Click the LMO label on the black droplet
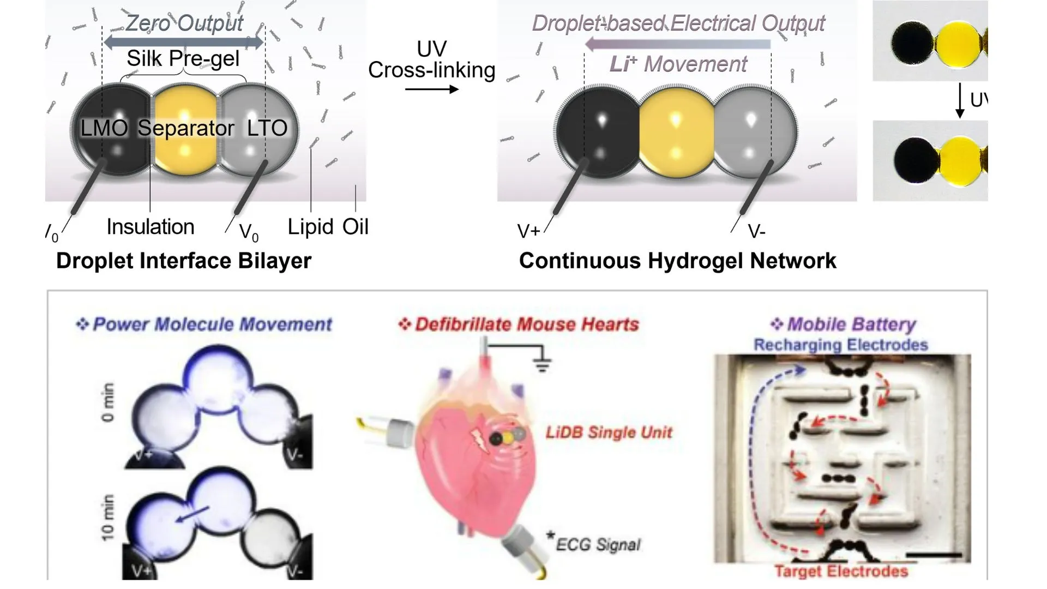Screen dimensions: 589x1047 [x=104, y=128]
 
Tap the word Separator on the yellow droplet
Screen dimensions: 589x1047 [x=185, y=128]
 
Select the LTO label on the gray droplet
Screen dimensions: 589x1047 [x=267, y=128]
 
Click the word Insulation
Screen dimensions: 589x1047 [x=151, y=227]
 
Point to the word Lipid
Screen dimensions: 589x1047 [x=310, y=227]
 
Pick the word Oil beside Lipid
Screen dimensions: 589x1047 [x=356, y=227]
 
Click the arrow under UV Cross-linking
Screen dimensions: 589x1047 [x=431, y=89]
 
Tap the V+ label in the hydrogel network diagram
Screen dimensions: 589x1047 [x=528, y=232]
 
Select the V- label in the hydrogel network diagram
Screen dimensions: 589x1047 [x=756, y=232]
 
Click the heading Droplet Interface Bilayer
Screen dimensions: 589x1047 [x=184, y=261]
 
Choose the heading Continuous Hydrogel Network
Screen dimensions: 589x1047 [x=677, y=261]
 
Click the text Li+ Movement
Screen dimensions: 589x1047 [x=678, y=64]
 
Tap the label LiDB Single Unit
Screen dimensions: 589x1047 [x=609, y=432]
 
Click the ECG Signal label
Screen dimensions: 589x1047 [x=598, y=544]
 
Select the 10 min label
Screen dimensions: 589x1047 [x=108, y=518]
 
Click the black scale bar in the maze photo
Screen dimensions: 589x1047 [x=934, y=555]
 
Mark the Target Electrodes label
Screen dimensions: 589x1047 [x=841, y=572]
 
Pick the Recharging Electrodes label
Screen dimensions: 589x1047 [x=840, y=345]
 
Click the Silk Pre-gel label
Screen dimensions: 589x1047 [x=183, y=58]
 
